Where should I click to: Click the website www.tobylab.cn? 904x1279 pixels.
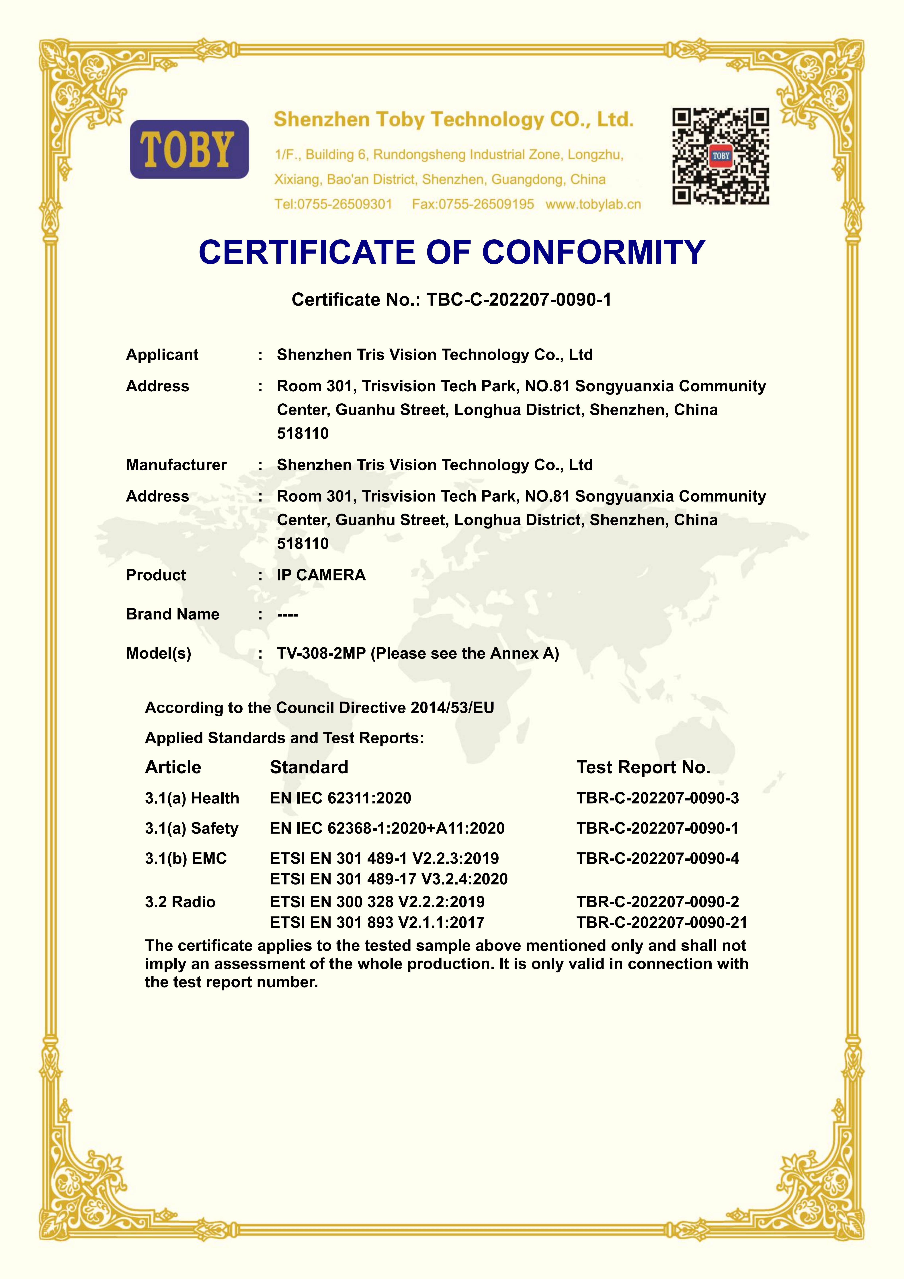point(593,204)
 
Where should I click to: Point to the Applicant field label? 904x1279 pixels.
point(162,355)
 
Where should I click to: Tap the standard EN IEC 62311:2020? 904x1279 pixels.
point(340,798)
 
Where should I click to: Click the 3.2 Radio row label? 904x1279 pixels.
point(180,902)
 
